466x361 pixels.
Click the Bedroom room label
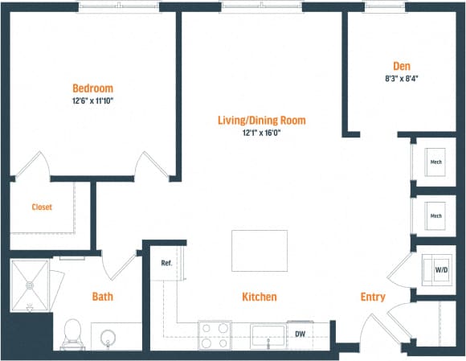(x=92, y=88)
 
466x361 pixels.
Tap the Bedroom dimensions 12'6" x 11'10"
(x=92, y=101)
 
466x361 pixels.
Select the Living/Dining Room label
(x=261, y=121)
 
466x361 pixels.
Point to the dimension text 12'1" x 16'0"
(x=261, y=133)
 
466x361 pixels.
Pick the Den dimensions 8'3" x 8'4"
(x=402, y=78)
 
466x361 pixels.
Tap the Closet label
(x=42, y=207)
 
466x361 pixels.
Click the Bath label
(x=102, y=297)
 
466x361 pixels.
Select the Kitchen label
(x=260, y=297)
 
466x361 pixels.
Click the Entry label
(x=372, y=297)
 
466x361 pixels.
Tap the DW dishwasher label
(x=300, y=333)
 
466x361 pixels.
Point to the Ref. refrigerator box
(x=166, y=263)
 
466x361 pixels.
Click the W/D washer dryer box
(x=441, y=270)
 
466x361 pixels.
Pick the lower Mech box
(x=435, y=215)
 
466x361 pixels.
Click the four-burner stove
(x=215, y=334)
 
